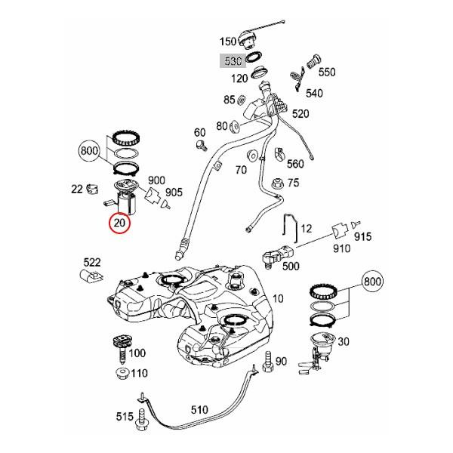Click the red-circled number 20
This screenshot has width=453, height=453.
pos(119,223)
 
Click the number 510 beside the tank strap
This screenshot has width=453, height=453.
pos(199,410)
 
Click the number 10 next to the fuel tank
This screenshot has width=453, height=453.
pos(278,298)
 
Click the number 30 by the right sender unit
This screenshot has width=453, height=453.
pos(344,341)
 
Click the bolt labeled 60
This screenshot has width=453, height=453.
pos(201,141)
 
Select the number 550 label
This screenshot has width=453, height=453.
pos(326,72)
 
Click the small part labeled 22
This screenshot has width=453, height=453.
pos(92,188)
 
